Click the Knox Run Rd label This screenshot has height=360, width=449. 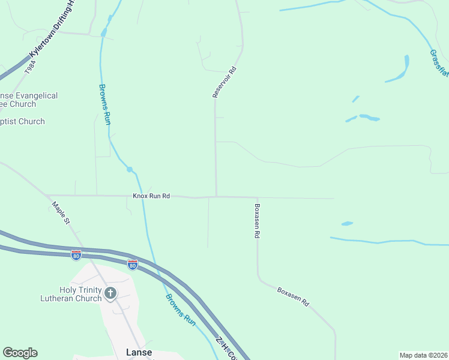click(151, 196)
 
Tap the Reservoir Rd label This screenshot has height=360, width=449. click(225, 82)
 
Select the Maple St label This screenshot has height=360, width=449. click(61, 213)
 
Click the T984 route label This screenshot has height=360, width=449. click(28, 68)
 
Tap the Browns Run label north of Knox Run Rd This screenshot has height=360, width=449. click(104, 104)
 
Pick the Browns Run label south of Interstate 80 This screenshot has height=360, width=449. click(181, 310)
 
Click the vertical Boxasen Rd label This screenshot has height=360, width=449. click(257, 221)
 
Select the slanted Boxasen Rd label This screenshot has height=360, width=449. click(293, 296)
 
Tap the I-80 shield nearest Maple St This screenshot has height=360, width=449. click(76, 255)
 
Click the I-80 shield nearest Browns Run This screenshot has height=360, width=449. click(133, 264)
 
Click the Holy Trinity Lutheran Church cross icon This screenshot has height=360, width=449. click(110, 293)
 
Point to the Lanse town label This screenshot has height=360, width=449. click(139, 352)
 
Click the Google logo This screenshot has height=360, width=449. click(20, 353)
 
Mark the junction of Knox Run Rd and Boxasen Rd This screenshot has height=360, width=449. click(257, 197)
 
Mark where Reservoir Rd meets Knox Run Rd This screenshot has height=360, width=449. click(217, 196)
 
